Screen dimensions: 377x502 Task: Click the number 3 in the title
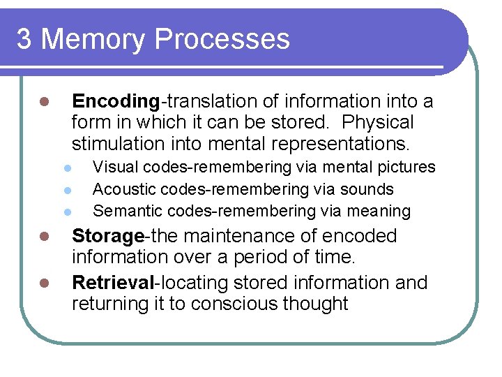point(24,39)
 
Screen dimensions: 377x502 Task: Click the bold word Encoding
point(116,101)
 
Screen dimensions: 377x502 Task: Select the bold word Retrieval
point(112,283)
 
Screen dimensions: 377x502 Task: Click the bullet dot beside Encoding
point(43,102)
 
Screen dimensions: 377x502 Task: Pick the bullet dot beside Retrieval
point(43,283)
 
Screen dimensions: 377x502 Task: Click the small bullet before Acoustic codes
point(68,190)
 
